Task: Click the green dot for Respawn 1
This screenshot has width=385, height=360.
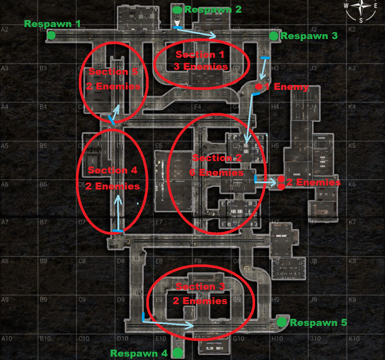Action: [x=51, y=35]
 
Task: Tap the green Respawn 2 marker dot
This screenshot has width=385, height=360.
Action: [x=177, y=10]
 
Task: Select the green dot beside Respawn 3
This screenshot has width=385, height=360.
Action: [x=274, y=36]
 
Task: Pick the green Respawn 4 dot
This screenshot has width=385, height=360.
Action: [x=178, y=352]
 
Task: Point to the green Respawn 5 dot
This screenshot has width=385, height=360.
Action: [x=282, y=322]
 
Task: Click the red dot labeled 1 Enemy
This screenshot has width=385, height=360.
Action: [x=259, y=87]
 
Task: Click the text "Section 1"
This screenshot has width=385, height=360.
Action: [x=200, y=54]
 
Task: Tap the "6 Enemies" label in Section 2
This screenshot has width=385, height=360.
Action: [x=217, y=172]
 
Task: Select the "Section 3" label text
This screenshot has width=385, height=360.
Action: [x=200, y=286]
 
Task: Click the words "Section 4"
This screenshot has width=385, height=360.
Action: [x=113, y=170]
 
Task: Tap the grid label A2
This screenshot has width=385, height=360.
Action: [x=5, y=29]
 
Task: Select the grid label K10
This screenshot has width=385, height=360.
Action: [x=354, y=338]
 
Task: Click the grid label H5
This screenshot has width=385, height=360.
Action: [x=275, y=146]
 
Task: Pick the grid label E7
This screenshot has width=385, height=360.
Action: [x=159, y=222]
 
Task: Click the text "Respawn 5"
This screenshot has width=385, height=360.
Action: [x=318, y=323]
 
